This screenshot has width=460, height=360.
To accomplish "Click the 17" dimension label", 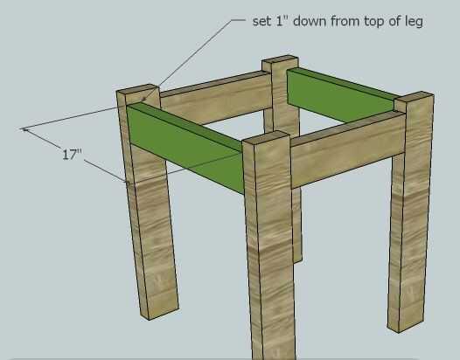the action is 72,154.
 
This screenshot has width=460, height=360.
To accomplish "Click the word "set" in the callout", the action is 262,21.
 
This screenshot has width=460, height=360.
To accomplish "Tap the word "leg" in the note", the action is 414,22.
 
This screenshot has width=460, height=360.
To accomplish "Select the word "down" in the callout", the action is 310,20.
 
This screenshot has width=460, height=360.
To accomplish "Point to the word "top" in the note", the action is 374,21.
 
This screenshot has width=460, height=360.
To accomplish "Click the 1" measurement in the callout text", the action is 282,20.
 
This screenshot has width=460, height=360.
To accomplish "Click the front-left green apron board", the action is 185,148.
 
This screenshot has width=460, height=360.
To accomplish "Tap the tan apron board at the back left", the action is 217,97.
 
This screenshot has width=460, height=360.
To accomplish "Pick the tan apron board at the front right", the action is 349,149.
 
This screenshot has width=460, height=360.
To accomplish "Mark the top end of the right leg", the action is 414,98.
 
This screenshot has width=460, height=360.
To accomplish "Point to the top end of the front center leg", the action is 267,137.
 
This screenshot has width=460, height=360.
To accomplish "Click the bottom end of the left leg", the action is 160,313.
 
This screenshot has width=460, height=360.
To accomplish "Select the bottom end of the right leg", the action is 406,325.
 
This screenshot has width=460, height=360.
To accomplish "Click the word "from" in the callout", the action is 345,20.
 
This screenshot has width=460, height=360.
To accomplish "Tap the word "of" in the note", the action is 394,20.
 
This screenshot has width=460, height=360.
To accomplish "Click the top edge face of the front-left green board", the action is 185,127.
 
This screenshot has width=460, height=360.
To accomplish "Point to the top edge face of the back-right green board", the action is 343,83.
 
